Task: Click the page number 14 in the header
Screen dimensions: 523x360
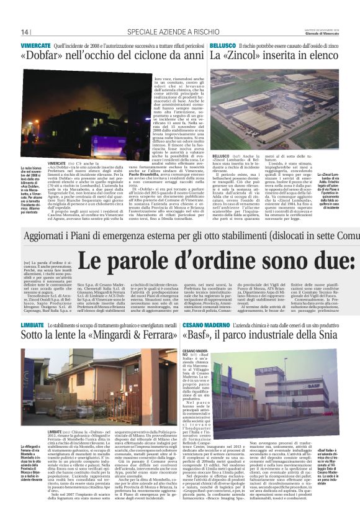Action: [25, 32]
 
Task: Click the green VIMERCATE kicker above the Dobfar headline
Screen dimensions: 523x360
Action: [35, 46]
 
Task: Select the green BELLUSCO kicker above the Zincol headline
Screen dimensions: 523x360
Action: [222, 46]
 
